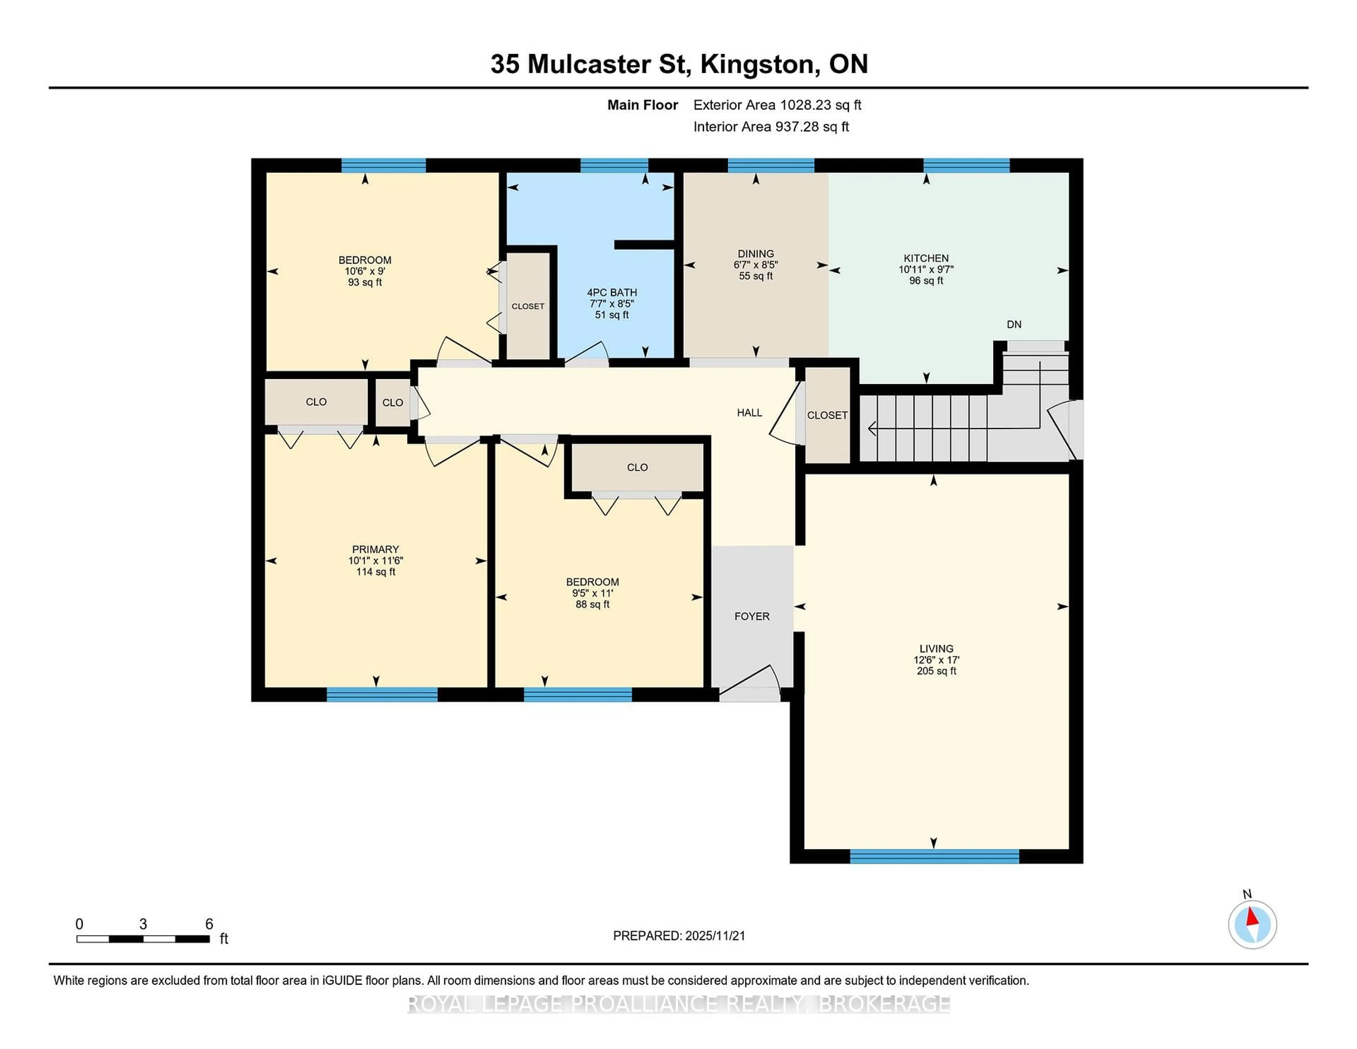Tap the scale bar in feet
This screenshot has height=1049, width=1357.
click(x=143, y=938)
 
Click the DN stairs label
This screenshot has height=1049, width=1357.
click(x=1014, y=324)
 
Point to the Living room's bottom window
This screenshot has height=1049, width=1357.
click(x=934, y=856)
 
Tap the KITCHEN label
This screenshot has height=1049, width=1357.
click(x=926, y=258)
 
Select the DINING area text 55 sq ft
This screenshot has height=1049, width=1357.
click(x=756, y=276)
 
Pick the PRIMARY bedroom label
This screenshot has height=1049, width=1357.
click(x=375, y=549)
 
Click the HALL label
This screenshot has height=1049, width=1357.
click(x=749, y=413)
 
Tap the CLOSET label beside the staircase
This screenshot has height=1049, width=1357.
click(x=827, y=415)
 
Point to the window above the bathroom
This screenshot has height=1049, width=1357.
click(x=614, y=165)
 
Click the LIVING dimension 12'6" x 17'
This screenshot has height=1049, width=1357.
click(x=936, y=660)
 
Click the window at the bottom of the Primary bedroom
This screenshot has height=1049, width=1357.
click(x=382, y=695)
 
